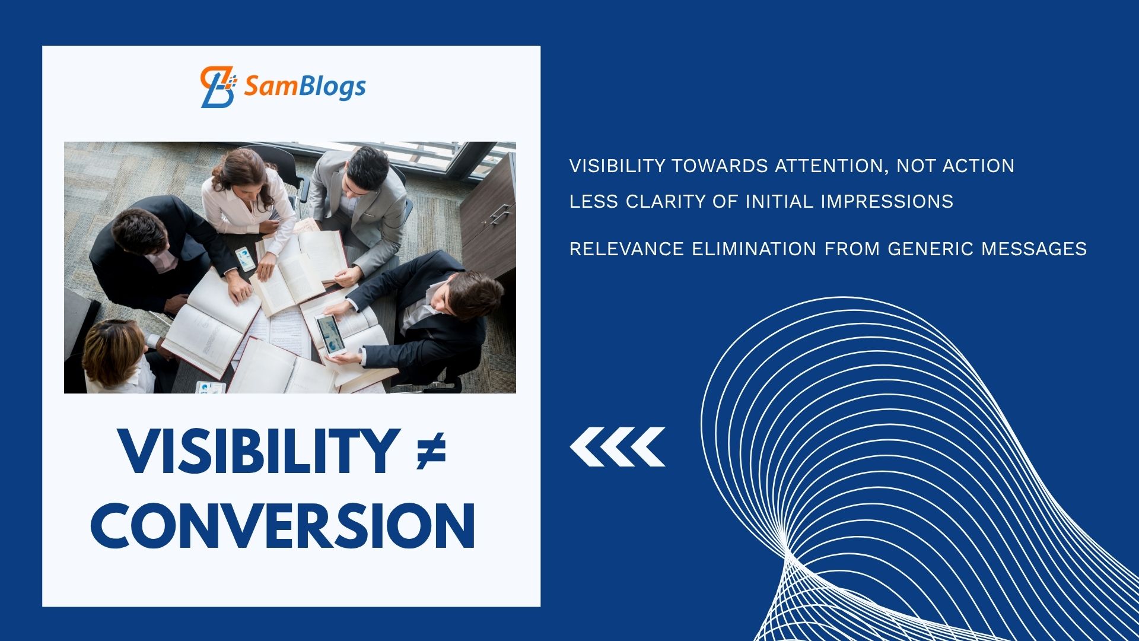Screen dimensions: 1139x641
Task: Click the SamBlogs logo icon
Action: [218, 87]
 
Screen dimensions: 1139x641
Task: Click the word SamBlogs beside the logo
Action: [305, 87]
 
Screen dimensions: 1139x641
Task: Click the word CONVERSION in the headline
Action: [283, 526]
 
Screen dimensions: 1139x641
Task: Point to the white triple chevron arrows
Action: [618, 446]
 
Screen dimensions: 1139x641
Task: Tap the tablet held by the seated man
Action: [330, 335]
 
